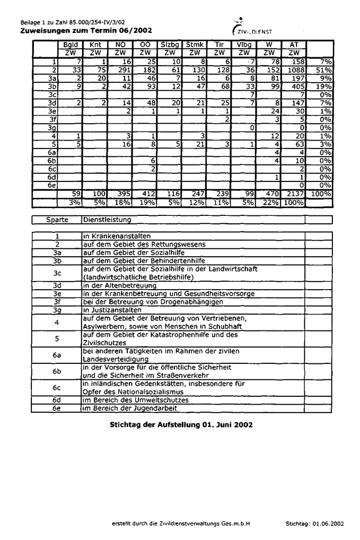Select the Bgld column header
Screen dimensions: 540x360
tap(71, 45)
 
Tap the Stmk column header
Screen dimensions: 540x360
tap(195, 45)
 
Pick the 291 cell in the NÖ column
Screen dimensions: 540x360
tap(121, 69)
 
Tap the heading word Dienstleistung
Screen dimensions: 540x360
tap(107, 220)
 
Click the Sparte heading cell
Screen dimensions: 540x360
tap(57, 220)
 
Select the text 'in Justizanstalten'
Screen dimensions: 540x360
tap(112, 310)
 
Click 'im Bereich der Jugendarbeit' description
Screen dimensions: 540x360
tap(130, 408)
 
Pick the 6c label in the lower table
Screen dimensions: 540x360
tap(57, 388)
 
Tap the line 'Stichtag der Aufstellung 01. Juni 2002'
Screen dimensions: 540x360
tap(181, 424)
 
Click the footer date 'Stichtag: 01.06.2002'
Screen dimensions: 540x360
tap(314, 523)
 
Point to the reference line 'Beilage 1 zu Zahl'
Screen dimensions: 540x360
tap(73, 23)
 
